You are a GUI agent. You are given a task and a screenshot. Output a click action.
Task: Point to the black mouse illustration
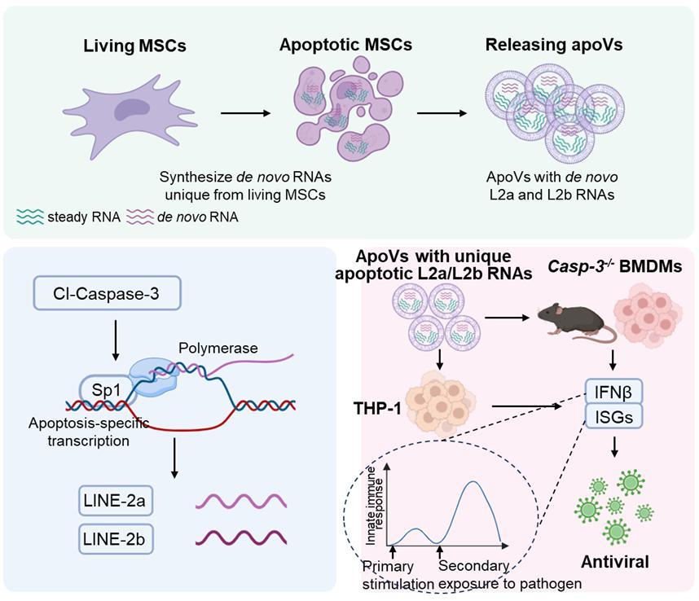pos(577,318)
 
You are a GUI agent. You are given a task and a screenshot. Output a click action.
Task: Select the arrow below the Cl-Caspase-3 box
pos(115,341)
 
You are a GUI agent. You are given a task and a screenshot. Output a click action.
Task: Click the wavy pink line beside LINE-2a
pos(240,501)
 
